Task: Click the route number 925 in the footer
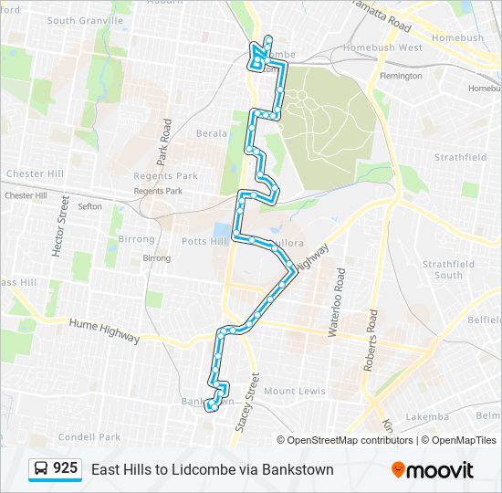coord(65,468)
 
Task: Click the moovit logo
coord(433,470)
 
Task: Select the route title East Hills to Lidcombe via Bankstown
coord(213,469)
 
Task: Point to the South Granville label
coord(85,20)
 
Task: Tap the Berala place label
coord(212,133)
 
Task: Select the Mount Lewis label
coord(295,391)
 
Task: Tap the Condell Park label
coord(89,436)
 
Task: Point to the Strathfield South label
coord(448,269)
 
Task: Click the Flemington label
coord(401,76)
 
